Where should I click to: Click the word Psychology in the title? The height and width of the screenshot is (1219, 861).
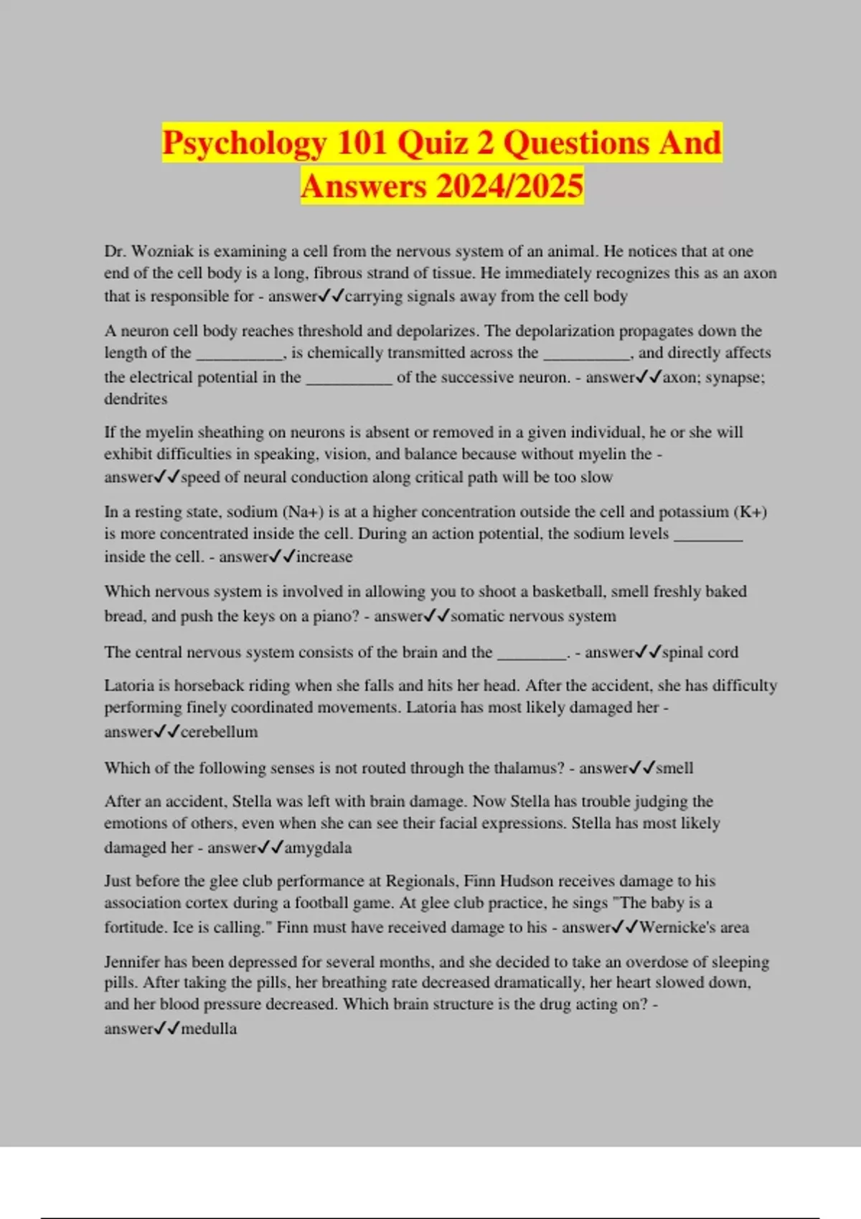click(244, 143)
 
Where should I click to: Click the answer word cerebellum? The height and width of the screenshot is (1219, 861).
click(219, 731)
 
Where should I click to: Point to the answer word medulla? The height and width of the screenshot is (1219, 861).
click(209, 1028)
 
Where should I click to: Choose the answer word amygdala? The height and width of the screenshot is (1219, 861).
click(318, 848)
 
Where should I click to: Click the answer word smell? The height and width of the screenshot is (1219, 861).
click(674, 768)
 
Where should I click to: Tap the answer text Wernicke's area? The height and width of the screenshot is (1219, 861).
click(694, 927)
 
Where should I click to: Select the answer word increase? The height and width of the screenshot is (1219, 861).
click(324, 556)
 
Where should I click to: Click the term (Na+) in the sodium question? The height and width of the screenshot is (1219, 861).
click(303, 512)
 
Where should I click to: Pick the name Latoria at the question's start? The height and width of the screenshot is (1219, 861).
click(131, 686)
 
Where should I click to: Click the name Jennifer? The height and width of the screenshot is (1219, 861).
click(135, 962)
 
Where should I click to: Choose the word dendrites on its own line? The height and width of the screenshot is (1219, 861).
click(136, 399)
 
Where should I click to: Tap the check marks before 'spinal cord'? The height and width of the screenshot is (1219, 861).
click(648, 652)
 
